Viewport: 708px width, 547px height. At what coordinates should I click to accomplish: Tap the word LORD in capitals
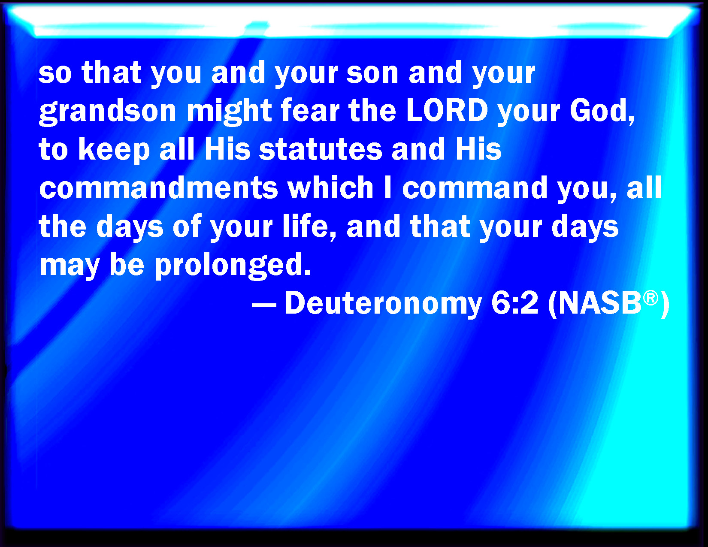447,110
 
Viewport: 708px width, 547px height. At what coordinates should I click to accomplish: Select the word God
602,111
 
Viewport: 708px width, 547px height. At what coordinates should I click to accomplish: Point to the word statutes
321,149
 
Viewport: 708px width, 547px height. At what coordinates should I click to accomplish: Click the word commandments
159,187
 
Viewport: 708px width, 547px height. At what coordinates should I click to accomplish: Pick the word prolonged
233,265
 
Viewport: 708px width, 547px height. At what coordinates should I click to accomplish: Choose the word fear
310,110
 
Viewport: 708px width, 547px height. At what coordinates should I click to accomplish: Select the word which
330,187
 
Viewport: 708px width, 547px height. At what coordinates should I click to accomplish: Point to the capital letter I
387,187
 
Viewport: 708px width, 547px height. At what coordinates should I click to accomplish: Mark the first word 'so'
55,73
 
